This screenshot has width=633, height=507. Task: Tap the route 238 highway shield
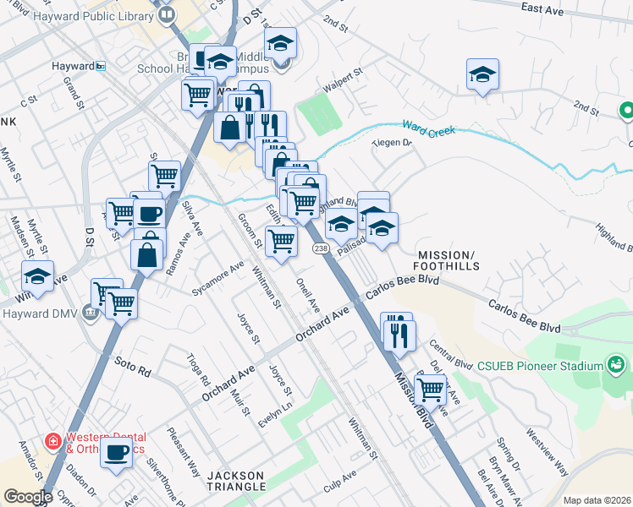coord(320,248)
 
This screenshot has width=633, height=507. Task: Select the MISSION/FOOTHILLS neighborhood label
coord(447,260)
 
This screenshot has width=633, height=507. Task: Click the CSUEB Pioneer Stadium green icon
coord(616,365)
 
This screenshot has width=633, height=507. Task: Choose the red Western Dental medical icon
coord(52,441)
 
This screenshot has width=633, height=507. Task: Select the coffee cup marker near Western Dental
coord(116,451)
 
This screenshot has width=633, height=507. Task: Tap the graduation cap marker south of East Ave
coord(482,74)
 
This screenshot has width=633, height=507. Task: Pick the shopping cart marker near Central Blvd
coord(431,390)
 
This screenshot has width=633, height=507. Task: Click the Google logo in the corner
coord(28,497)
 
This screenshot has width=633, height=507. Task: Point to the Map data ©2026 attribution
coord(597,500)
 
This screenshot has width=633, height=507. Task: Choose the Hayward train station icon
coord(100,66)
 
